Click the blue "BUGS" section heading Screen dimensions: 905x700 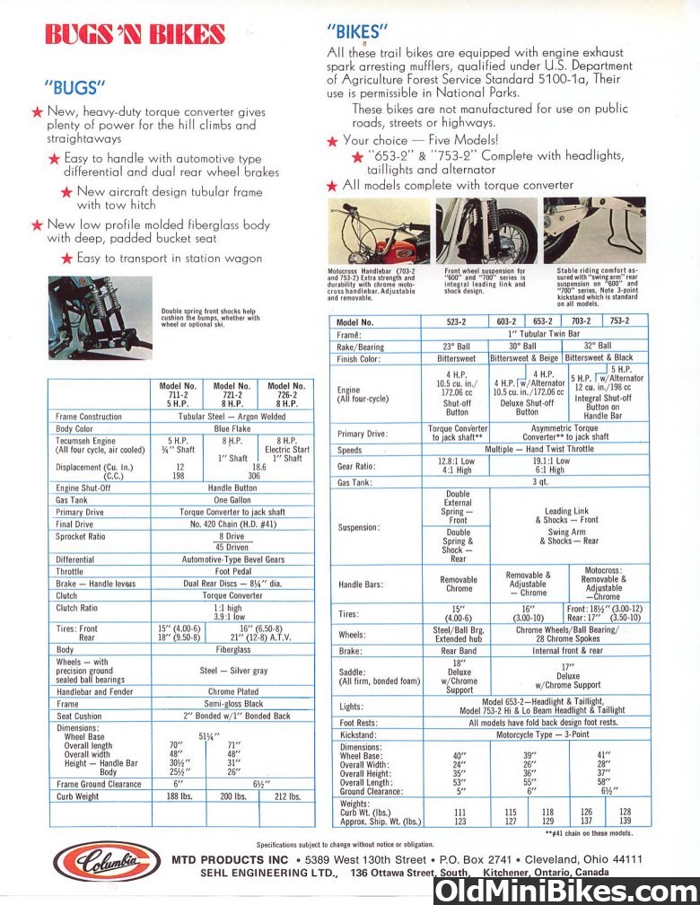pos(75,87)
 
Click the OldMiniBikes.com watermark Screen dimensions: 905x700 pos(565,890)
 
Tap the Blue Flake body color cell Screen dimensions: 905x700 pos(232,430)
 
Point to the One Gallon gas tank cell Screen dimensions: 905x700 pos(232,499)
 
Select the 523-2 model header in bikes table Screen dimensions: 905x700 pos(456,321)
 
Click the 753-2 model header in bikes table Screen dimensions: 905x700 pos(619,321)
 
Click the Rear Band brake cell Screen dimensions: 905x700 pos(456,651)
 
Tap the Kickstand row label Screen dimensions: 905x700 pos(357,734)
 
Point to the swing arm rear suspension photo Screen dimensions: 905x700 pos(594,231)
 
